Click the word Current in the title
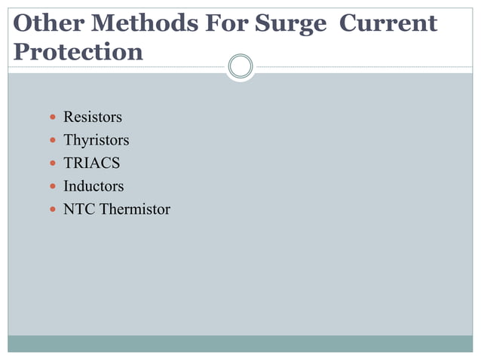pos(388,23)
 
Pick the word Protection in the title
pos(78,51)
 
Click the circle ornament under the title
pos(240,66)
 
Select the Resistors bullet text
pos(92,117)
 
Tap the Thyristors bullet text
pos(96,140)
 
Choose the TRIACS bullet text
pos(91,163)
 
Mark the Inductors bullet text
pos(93,185)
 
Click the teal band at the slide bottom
pos(240,343)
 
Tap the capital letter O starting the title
pos(23,23)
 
